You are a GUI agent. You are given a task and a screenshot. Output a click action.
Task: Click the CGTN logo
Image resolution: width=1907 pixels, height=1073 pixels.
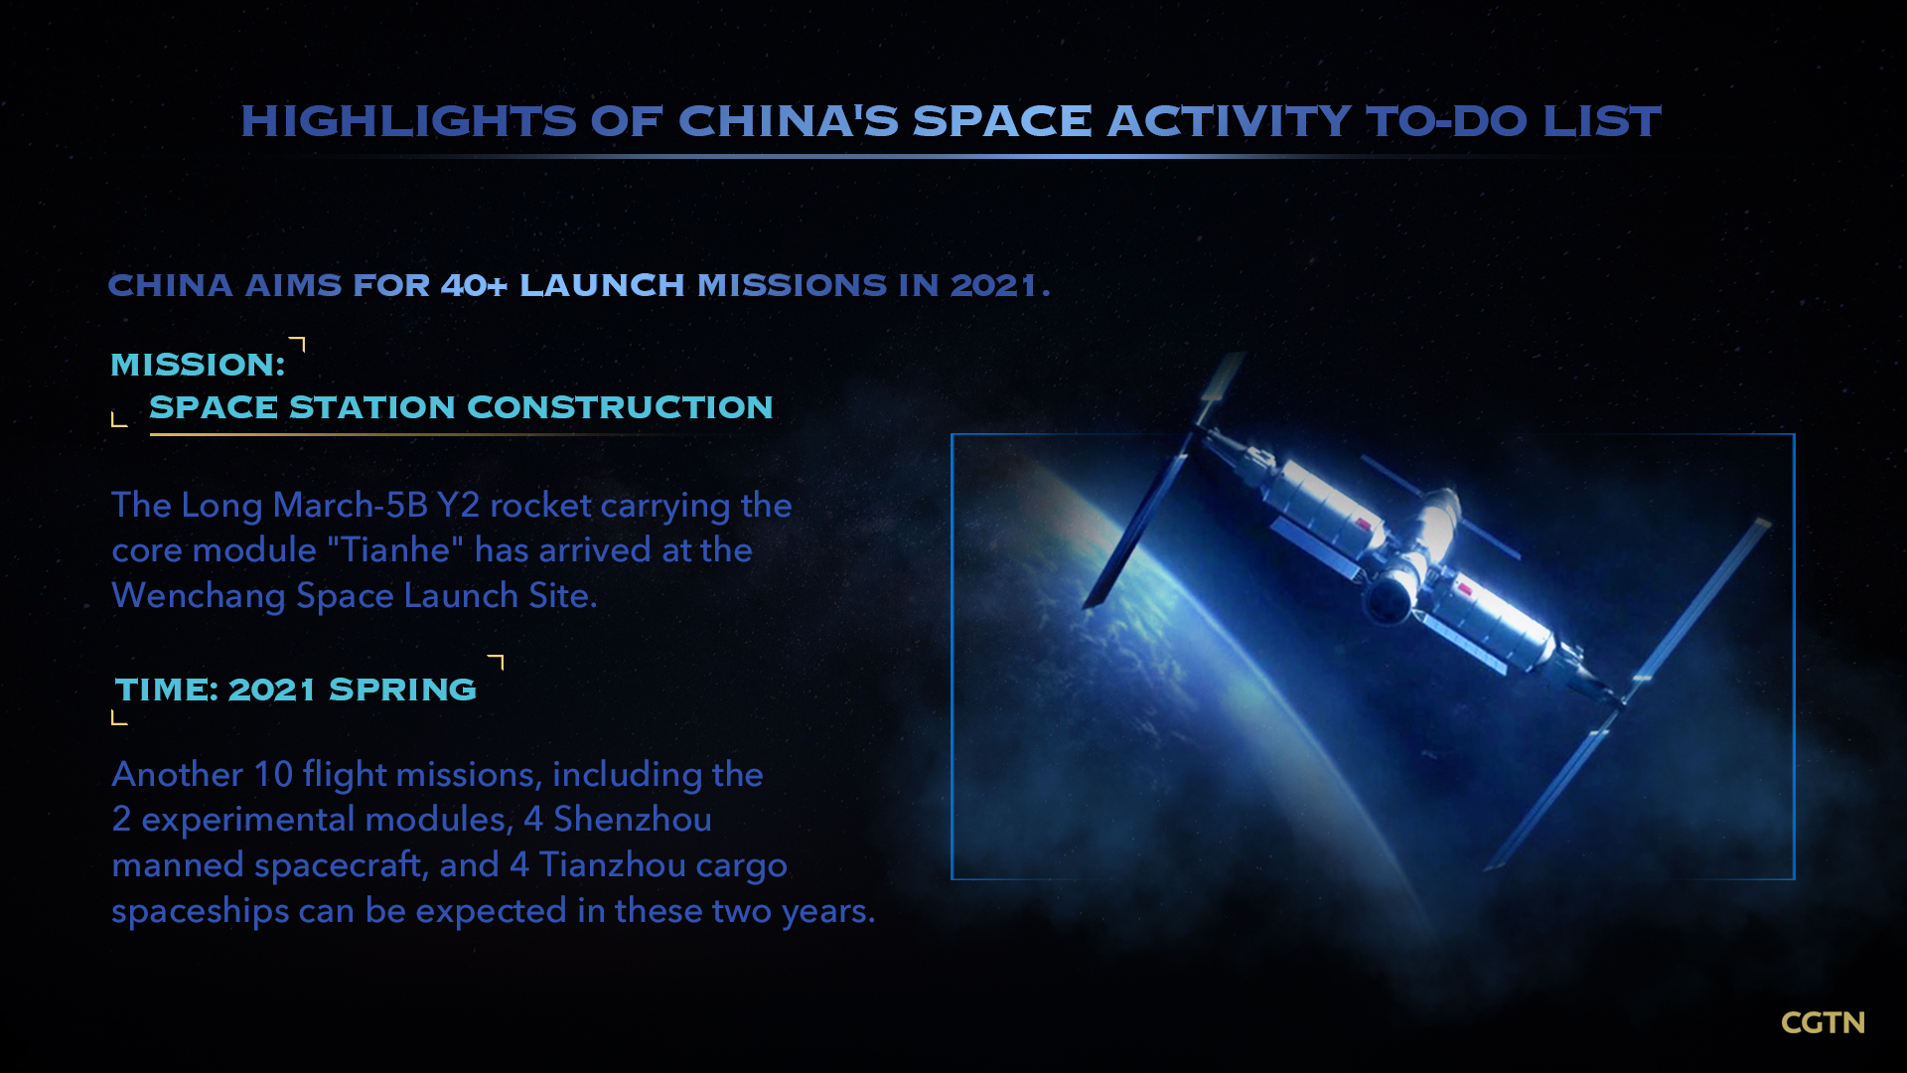1823,1022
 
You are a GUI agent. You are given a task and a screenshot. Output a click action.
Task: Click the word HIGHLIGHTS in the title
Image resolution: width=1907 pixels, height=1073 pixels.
408,121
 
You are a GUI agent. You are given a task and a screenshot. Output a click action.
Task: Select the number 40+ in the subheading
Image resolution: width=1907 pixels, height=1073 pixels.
474,285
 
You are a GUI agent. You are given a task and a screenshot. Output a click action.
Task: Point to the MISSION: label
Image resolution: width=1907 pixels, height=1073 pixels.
198,365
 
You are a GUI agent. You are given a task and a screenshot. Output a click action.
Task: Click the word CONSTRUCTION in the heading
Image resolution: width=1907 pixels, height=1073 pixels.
620,407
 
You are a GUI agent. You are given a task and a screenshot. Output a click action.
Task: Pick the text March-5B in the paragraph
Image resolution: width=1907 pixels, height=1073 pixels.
350,505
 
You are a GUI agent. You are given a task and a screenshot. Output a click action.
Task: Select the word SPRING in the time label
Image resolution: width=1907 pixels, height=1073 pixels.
402,690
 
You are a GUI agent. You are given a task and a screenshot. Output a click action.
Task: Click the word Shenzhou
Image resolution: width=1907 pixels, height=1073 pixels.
633,820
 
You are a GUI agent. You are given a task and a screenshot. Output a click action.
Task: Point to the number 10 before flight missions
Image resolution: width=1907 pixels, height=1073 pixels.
273,774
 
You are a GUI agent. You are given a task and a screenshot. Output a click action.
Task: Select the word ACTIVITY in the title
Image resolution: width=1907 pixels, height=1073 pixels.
1229,121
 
